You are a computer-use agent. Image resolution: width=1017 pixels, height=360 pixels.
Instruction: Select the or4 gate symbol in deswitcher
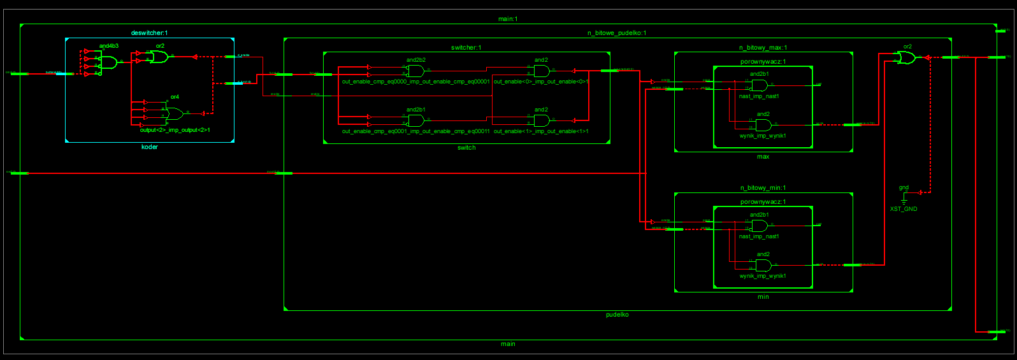tap(174, 114)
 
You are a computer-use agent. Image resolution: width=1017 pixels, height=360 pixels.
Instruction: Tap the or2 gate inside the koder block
tap(159, 57)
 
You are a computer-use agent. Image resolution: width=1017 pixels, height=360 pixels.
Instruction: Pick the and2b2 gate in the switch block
tap(415, 71)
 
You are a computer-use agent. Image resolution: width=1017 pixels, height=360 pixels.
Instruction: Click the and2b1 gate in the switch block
tap(415, 120)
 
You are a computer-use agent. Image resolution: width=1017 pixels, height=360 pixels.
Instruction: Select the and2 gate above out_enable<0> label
tap(542, 71)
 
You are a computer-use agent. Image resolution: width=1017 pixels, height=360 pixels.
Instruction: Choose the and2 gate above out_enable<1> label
tap(542, 120)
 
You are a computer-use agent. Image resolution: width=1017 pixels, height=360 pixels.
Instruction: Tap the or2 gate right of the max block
tap(906, 58)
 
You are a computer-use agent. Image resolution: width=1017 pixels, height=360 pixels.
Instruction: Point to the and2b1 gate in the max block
tap(759, 85)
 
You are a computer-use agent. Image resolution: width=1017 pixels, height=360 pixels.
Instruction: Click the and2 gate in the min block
tap(763, 265)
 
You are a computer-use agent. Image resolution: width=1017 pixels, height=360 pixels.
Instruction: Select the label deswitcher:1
tap(149, 33)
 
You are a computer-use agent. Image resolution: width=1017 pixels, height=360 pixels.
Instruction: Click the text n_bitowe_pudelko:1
tap(616, 33)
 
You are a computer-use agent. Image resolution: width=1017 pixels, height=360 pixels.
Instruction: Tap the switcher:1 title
tap(466, 48)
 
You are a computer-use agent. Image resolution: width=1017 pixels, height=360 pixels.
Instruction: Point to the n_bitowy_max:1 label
tap(763, 48)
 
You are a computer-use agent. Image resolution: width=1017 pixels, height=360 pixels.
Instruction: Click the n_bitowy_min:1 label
tap(763, 188)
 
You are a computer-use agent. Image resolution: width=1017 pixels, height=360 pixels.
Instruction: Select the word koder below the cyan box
tap(149, 147)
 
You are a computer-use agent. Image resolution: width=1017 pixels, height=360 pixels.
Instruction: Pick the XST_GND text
tap(904, 209)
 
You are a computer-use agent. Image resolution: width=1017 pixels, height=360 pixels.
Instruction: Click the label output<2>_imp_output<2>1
tap(175, 131)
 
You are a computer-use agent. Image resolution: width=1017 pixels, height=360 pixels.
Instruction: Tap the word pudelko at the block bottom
tap(617, 315)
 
